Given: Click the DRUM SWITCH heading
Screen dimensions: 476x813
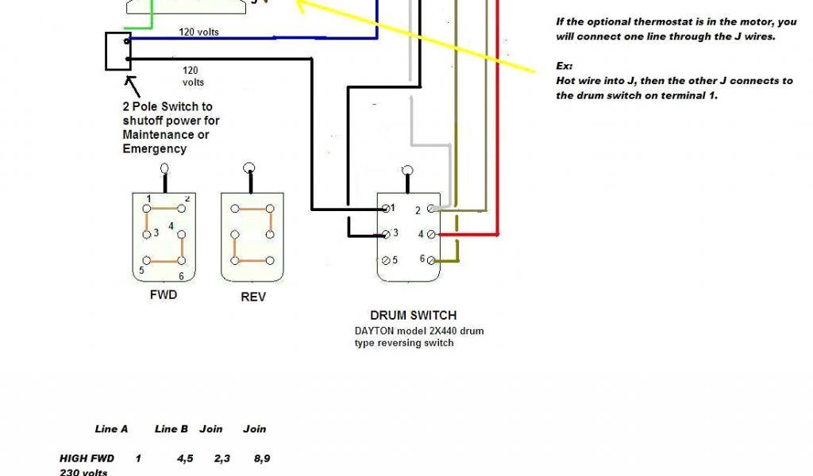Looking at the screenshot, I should click(413, 315).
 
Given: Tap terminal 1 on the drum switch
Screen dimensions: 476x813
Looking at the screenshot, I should click(386, 209).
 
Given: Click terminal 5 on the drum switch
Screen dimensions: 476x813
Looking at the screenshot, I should click(386, 260).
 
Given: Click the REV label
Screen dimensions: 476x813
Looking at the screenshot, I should click(252, 297).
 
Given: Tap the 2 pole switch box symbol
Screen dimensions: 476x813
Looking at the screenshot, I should click(118, 52).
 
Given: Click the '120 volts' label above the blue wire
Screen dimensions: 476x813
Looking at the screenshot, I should click(198, 33).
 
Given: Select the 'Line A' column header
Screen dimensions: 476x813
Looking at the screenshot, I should click(111, 429).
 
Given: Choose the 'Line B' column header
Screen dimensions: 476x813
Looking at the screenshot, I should click(171, 429).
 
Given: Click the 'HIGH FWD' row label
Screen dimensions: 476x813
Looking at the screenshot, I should click(87, 458).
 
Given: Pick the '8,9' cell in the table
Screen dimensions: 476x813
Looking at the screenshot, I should click(260, 458).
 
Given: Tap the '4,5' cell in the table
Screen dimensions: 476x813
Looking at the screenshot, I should click(187, 458).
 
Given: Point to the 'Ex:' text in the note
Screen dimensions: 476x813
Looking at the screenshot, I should click(564, 66).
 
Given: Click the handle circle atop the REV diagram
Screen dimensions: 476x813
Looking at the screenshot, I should click(249, 168).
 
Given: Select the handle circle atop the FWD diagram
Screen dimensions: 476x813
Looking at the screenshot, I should click(164, 168).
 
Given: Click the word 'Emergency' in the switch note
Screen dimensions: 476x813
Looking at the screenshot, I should click(154, 148).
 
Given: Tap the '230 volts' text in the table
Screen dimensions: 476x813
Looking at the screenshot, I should click(83, 472).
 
